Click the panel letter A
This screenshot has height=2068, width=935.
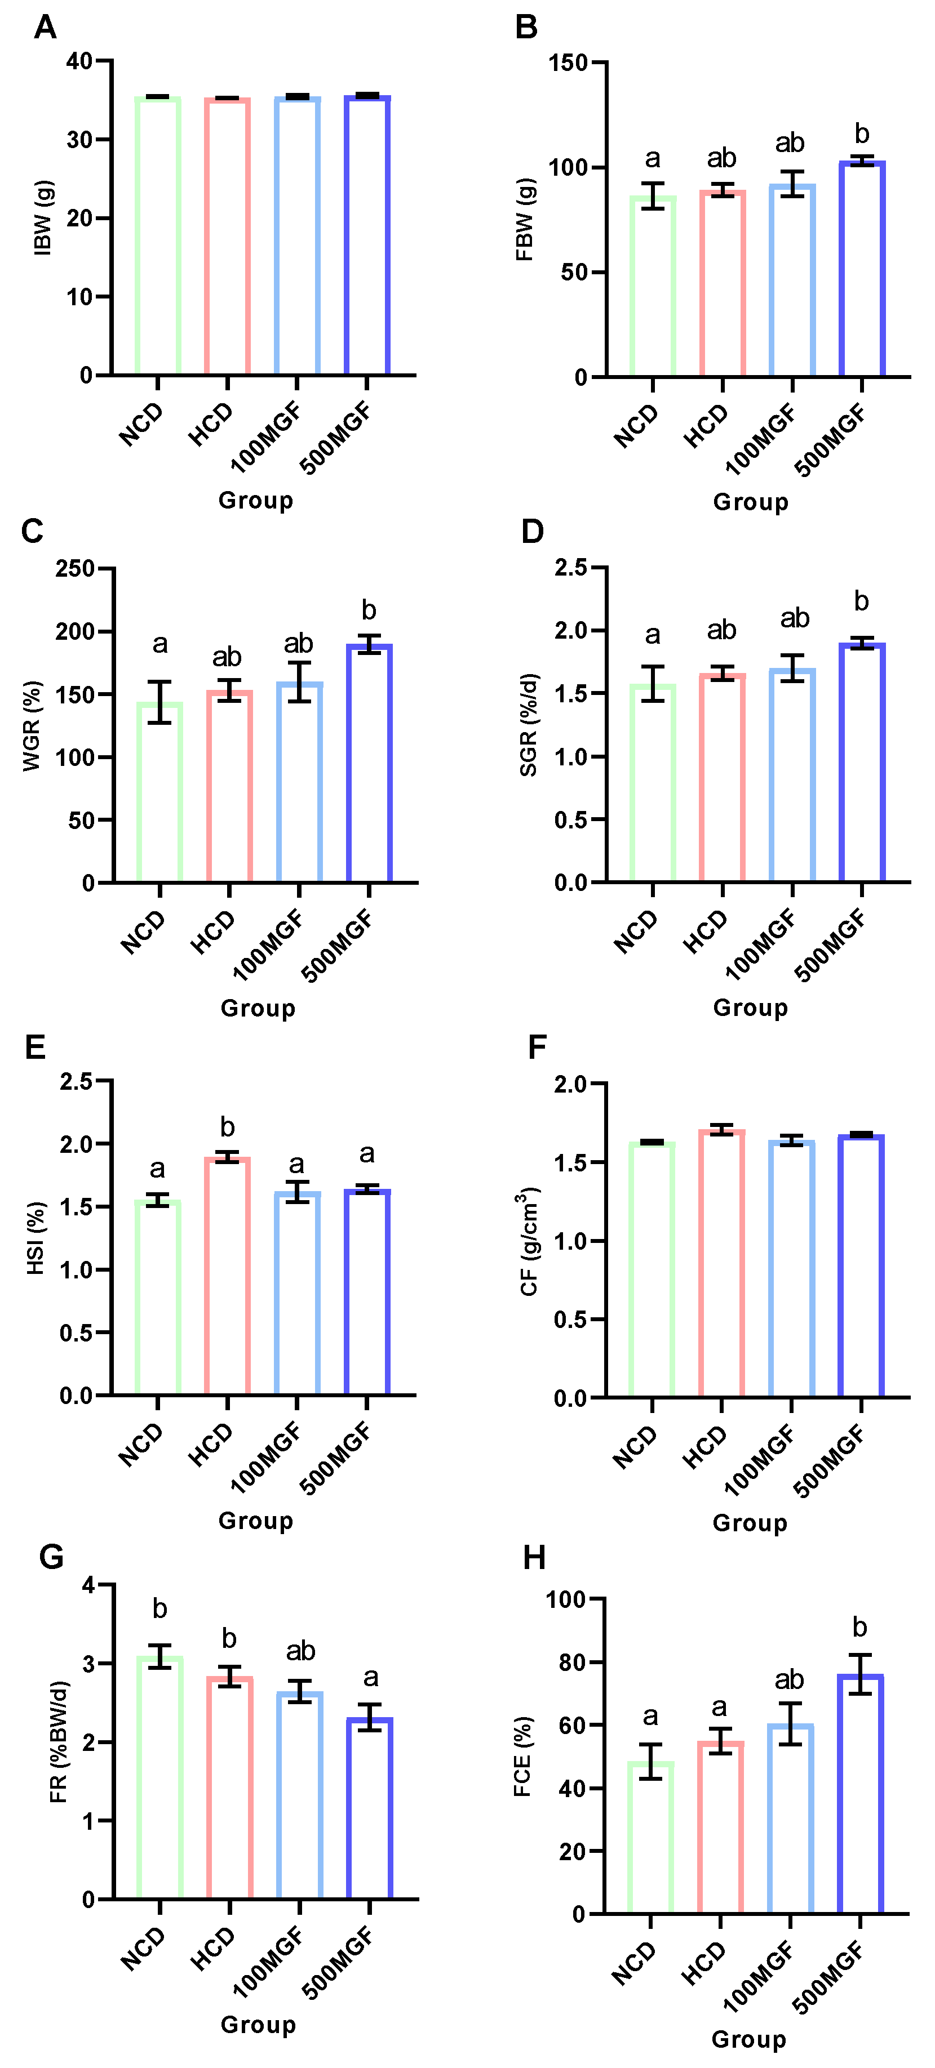pos(45,28)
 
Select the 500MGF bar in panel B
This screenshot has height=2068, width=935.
pos(862,269)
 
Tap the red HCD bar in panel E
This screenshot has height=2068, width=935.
pos(227,1276)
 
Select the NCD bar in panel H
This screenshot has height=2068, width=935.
pos(650,1838)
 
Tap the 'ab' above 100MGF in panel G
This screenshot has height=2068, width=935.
pos(300,1651)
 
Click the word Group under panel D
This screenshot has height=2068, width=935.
pos(750,1008)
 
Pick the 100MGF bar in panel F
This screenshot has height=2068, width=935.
pos(791,1268)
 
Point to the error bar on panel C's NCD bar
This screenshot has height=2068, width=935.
pos(160,702)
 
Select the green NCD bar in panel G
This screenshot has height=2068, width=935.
pos(160,1778)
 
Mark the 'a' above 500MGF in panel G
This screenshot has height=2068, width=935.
pos(370,1677)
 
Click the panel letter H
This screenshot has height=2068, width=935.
pos(534,1558)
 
